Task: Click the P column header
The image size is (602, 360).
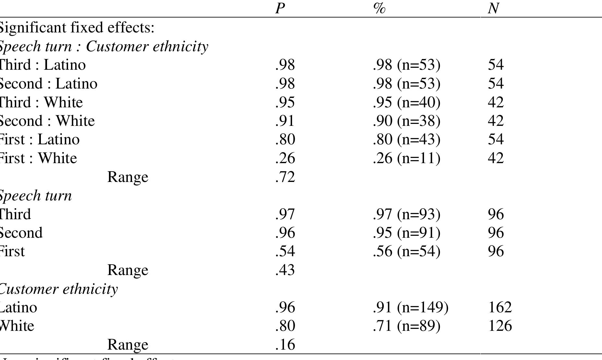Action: click(280, 8)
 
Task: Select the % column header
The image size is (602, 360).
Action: click(379, 8)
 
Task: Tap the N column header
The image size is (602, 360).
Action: click(493, 8)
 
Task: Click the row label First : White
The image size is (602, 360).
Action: click(38, 158)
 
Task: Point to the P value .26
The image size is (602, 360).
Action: click(285, 158)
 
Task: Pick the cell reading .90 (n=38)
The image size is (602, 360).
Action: click(406, 121)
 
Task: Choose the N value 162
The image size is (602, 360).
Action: click(500, 307)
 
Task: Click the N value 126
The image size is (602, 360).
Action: click(500, 326)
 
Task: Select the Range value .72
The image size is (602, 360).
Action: click(285, 177)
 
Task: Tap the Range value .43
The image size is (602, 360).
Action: click(285, 270)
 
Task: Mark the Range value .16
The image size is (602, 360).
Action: click(285, 344)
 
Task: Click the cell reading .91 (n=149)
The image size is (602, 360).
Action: click(410, 307)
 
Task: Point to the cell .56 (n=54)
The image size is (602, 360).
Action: click(406, 251)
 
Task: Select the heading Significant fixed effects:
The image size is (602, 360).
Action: click(77, 28)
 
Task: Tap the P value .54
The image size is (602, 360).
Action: click(285, 251)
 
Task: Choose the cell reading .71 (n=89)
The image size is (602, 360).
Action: click(406, 326)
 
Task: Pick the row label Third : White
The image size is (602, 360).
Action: click(41, 102)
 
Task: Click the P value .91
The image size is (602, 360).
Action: click(285, 121)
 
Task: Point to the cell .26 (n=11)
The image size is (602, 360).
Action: click(406, 158)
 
